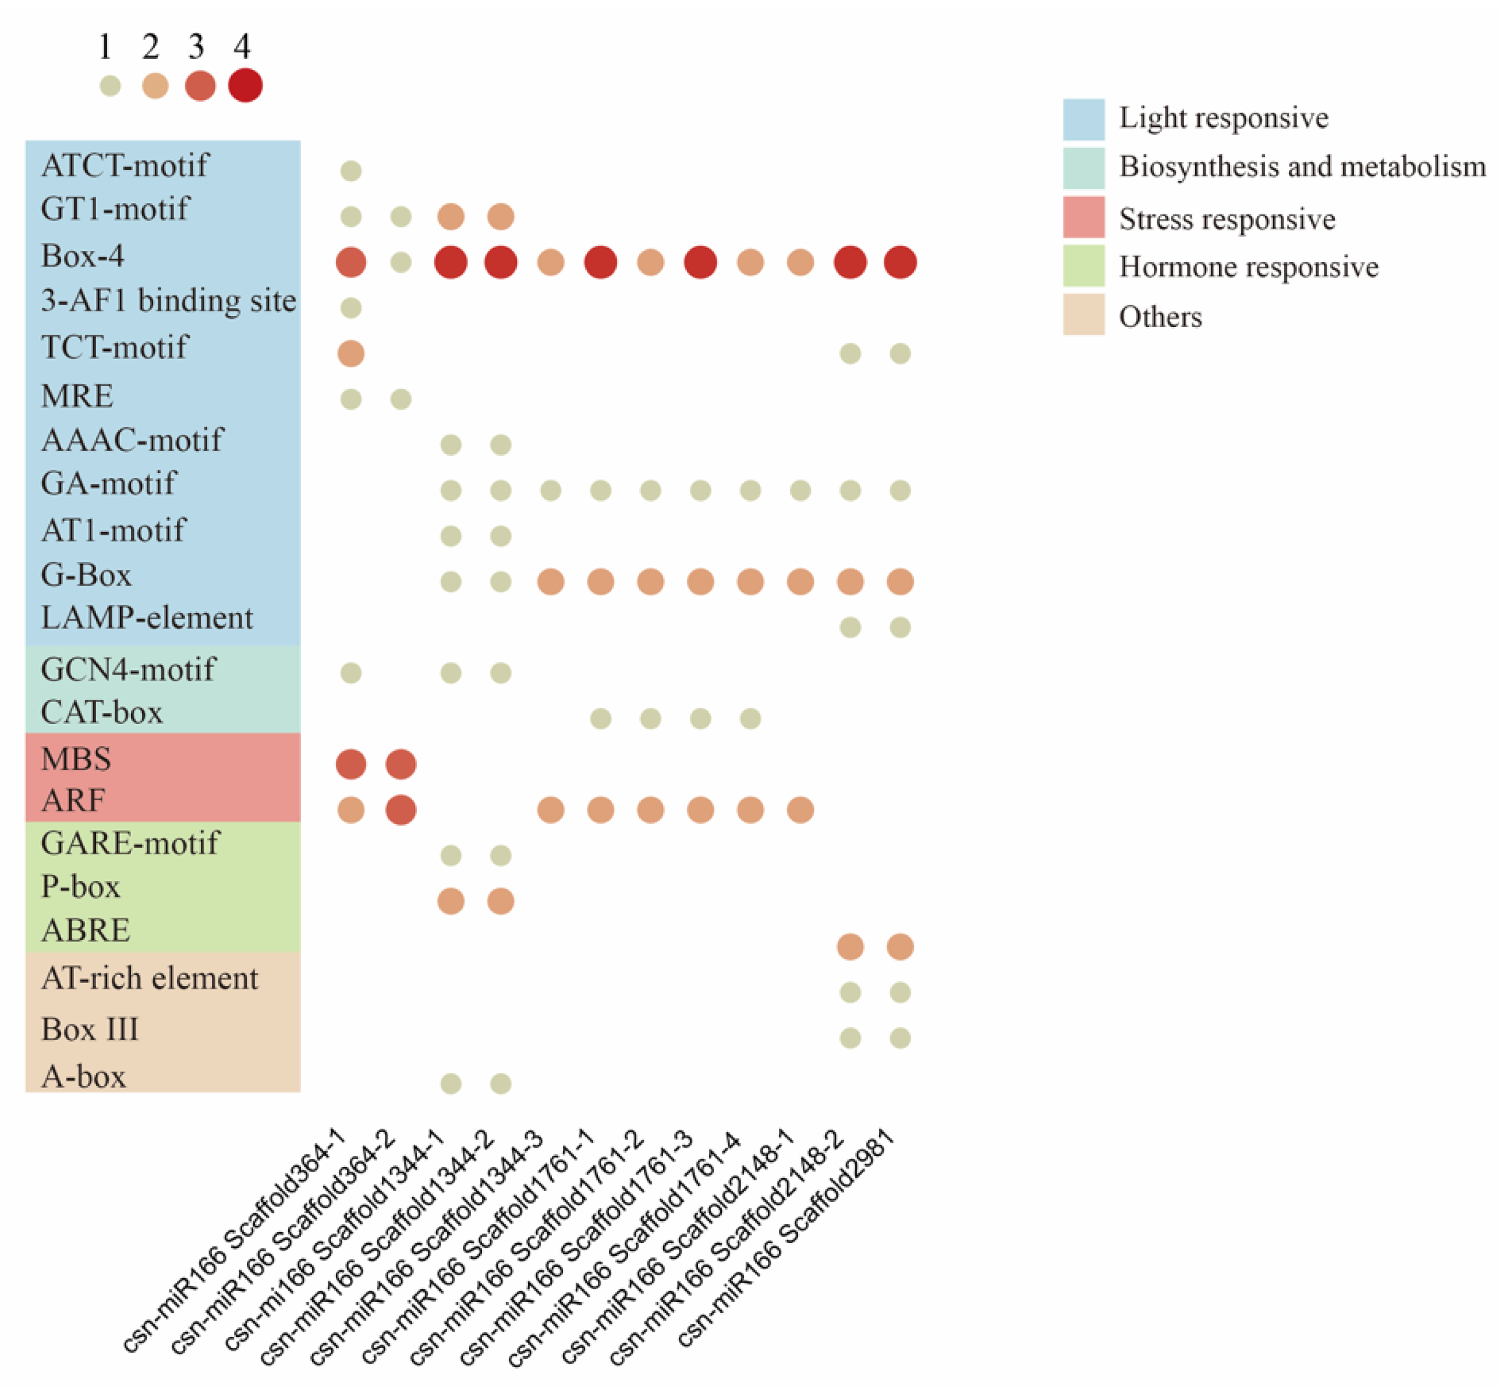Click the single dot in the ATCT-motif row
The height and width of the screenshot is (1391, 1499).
click(351, 171)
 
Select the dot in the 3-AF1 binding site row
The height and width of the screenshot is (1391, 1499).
click(351, 308)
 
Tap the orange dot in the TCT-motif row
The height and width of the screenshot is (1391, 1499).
click(351, 353)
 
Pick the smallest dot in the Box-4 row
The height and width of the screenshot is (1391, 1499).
click(401, 262)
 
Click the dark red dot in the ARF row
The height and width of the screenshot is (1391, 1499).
click(401, 810)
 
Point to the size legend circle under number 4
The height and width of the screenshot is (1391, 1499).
click(246, 85)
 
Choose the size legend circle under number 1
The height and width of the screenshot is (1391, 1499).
click(110, 86)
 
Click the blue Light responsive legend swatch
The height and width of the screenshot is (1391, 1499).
click(1083, 119)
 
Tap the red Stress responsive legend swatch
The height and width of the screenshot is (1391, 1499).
click(1083, 217)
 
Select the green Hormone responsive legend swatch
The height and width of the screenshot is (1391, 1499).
click(1083, 266)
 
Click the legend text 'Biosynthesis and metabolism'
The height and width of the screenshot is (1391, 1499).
click(1302, 167)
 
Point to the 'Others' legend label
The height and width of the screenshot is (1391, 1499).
click(1160, 317)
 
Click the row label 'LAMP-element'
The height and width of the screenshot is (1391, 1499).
click(147, 618)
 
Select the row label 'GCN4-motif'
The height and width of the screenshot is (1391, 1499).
click(128, 669)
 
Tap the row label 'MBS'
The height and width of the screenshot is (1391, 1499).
click(76, 759)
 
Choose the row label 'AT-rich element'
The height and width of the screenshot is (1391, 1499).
click(150, 978)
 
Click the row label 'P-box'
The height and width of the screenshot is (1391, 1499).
click(80, 886)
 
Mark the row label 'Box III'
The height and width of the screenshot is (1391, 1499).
click(90, 1030)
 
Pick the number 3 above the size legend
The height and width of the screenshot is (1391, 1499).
click(196, 47)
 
